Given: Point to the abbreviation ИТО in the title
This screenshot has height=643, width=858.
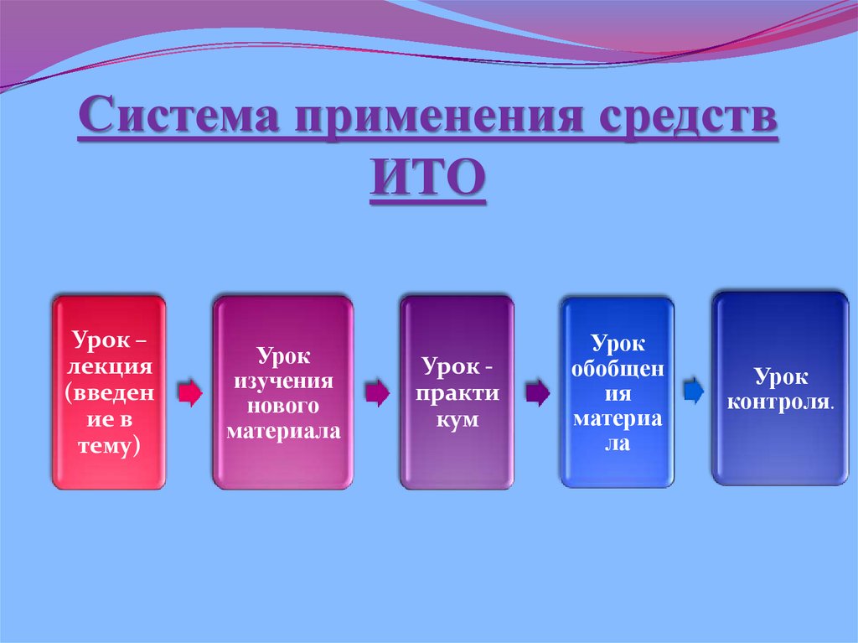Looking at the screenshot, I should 427,179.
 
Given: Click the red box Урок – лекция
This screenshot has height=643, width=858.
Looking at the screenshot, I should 108,391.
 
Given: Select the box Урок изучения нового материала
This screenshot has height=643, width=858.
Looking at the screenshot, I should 282,391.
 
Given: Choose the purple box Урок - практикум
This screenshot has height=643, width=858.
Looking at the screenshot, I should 456,391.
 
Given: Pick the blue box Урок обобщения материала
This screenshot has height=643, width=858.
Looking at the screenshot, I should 617,391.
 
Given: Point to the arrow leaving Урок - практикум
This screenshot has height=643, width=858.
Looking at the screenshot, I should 537,392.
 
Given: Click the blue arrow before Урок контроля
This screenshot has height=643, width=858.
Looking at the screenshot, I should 694,390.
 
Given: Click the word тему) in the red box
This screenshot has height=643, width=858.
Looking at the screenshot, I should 108,448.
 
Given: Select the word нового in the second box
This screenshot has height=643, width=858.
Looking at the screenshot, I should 282,407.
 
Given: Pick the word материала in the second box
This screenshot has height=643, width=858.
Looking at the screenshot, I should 282,432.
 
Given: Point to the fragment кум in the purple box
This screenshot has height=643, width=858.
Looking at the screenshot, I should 457,419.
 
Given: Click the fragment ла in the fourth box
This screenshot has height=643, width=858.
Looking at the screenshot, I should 617,443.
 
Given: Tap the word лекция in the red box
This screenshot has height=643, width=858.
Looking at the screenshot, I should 108,366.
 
